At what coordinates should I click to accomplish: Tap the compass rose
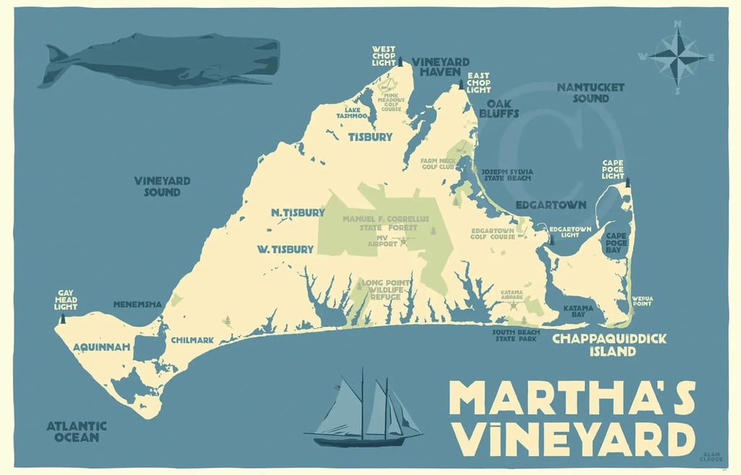677,56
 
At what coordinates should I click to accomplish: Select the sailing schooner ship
365,413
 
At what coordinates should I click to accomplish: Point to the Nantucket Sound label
590,92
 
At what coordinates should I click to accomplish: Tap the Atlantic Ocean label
77,432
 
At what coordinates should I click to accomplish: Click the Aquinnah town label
101,348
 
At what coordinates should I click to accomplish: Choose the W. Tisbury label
285,249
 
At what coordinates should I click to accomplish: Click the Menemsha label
137,304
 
